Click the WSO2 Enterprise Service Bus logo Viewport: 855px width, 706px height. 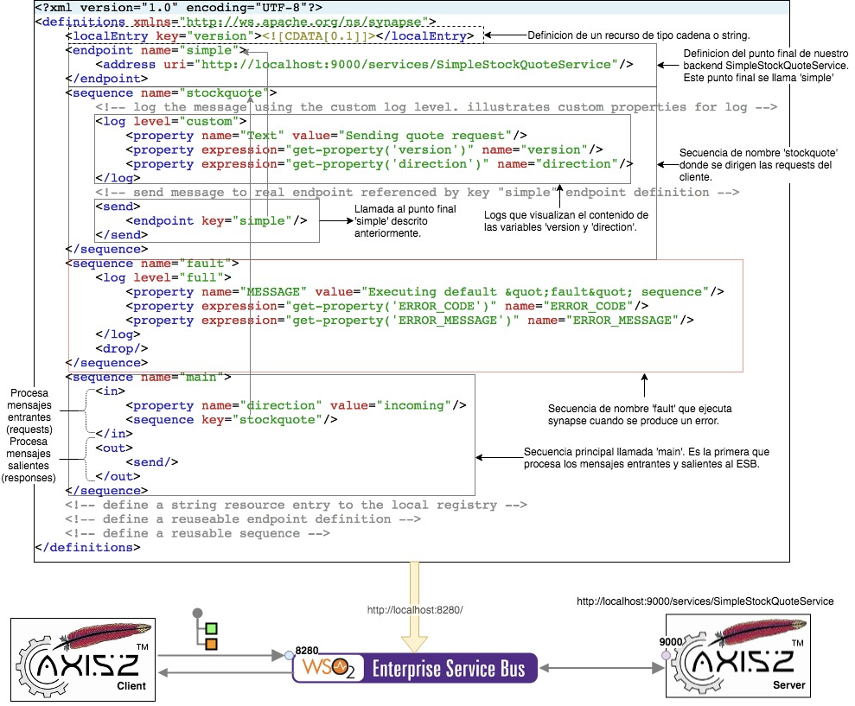coord(415,668)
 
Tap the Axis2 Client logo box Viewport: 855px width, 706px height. coord(83,658)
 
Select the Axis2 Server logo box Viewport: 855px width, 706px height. coord(737,656)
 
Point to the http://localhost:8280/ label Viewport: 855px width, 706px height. coord(415,610)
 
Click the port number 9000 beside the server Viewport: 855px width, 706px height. coord(671,642)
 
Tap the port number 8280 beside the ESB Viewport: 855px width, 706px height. coord(307,648)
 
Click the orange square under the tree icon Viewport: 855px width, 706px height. coord(211,644)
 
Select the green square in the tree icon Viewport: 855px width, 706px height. coord(211,628)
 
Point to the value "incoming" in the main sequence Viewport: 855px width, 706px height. coord(417,405)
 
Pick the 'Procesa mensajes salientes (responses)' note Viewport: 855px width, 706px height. coord(29,460)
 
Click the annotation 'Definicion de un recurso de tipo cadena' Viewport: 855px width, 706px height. coord(638,35)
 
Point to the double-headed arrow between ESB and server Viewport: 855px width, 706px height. coord(602,667)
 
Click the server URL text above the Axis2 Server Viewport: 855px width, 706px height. coord(705,601)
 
